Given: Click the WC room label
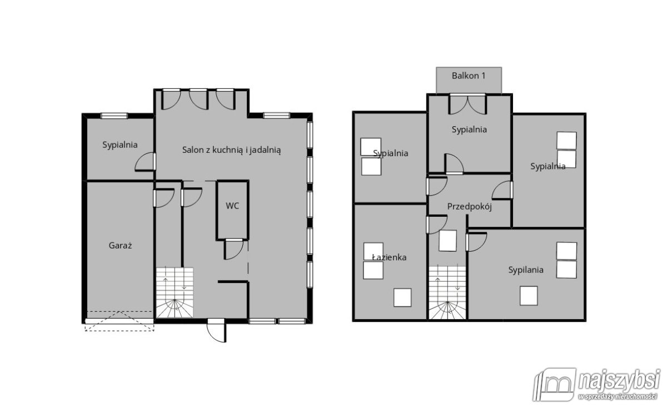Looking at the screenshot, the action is point(232,206).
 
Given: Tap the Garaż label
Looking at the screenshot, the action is point(120,246).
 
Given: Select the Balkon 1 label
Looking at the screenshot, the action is point(469,76).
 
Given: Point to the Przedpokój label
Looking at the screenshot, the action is point(469,207).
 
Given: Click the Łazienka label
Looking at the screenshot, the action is point(389,257).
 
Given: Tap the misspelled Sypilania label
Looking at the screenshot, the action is point(526,270).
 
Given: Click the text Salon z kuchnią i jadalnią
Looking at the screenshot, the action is point(231,150).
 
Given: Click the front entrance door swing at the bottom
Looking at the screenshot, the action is point(217,331).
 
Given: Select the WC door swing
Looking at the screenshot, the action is point(234,249).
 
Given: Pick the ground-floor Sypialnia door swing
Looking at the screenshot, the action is point(145,162).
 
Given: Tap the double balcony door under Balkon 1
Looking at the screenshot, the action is point(467,104).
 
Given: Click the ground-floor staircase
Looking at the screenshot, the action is point(175,292).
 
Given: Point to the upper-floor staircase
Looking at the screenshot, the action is point(447,292).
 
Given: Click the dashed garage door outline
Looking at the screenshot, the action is point(120,321).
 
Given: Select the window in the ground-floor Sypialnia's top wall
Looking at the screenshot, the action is point(114,116).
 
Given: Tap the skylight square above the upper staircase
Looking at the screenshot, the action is point(447,240).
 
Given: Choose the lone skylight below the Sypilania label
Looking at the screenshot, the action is point(529,296).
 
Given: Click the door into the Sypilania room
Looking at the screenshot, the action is point(476,242).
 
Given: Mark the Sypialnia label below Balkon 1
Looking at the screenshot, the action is point(469,130).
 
